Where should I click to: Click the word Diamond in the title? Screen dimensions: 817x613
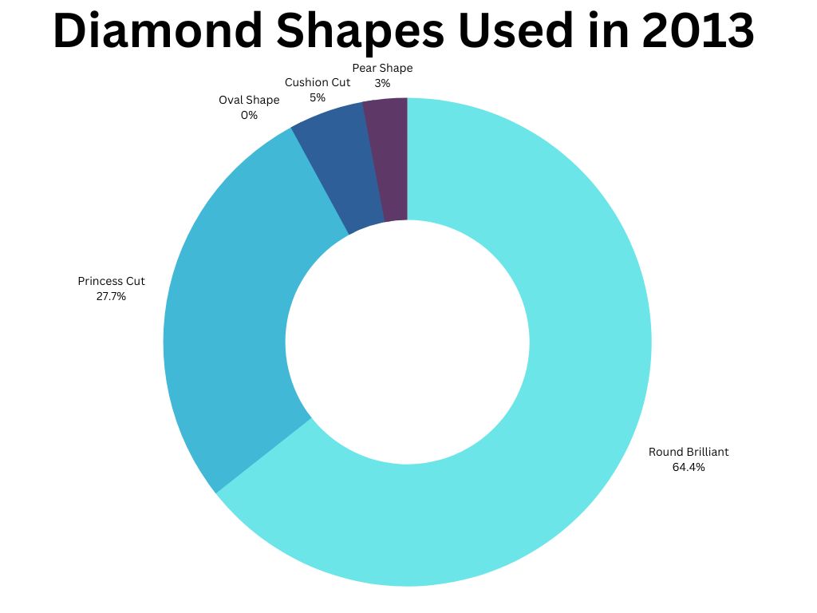point(158,30)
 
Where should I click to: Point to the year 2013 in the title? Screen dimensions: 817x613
point(698,30)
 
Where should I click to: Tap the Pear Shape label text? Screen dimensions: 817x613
point(382,69)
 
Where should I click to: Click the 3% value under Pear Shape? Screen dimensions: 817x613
point(382,83)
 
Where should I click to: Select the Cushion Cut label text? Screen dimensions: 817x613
point(318,82)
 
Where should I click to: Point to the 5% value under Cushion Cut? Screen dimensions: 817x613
point(318,97)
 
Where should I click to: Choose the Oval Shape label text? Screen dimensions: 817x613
point(249,100)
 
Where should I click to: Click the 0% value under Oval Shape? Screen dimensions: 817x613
point(249,115)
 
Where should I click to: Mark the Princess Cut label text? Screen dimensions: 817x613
point(111,281)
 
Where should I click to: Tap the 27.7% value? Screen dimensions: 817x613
point(111,297)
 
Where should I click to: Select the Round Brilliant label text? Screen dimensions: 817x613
point(689,452)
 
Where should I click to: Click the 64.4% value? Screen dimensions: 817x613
point(689,467)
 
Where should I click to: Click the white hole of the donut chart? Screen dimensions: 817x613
point(408,342)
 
